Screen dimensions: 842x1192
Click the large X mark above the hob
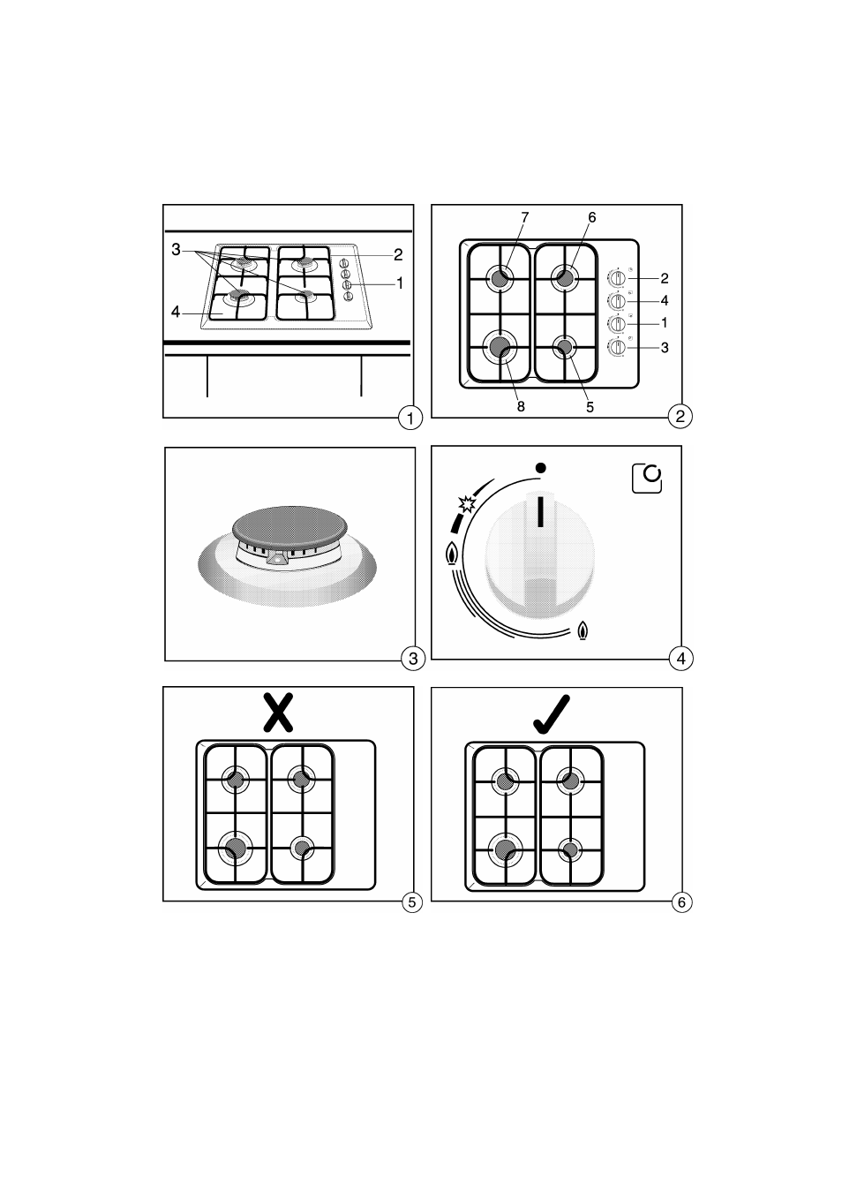click(x=278, y=713)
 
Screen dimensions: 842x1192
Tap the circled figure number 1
click(x=410, y=418)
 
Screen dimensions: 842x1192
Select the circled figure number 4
click(x=680, y=659)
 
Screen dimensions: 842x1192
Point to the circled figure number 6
click(x=681, y=902)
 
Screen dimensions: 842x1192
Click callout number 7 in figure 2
click(x=524, y=217)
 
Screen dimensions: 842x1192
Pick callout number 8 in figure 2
click(x=521, y=406)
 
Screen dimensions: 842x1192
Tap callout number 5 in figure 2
click(x=590, y=407)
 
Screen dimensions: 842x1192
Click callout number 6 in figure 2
click(x=592, y=217)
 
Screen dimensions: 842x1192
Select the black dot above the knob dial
click(x=540, y=468)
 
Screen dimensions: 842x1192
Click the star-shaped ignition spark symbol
click(x=467, y=503)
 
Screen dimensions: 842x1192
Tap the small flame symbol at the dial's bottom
click(x=583, y=630)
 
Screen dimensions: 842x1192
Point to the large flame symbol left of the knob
click(x=452, y=554)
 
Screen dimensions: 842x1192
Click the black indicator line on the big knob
click(x=540, y=511)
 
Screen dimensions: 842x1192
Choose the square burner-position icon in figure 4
click(x=647, y=478)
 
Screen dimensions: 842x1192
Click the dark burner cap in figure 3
click(x=289, y=527)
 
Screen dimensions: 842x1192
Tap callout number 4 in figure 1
click(x=176, y=313)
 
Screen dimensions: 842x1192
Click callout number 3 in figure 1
click(x=176, y=249)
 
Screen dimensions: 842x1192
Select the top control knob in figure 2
click(x=617, y=278)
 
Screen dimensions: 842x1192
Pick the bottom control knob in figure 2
click(x=617, y=348)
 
